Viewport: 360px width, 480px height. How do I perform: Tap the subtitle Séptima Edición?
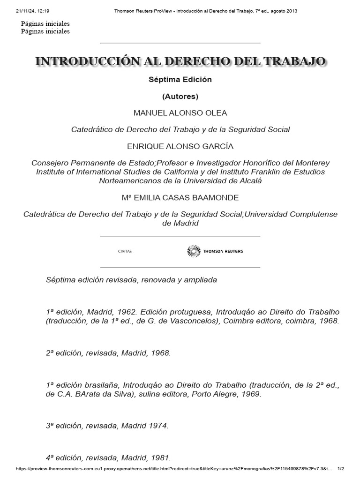[180, 80]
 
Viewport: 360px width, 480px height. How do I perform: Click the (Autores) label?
[180, 97]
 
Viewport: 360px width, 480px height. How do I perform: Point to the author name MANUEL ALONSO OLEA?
[180, 113]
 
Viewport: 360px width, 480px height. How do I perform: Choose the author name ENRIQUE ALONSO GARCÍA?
[180, 146]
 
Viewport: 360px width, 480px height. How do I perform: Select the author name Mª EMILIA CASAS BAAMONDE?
[180, 197]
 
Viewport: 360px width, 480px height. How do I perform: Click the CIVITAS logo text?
[125, 252]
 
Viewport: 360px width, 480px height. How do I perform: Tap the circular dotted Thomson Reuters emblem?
[193, 251]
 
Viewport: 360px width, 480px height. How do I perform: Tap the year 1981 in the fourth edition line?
[159, 458]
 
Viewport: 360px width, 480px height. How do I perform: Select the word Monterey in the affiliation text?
[312, 163]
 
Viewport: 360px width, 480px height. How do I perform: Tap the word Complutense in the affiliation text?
[312, 214]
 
